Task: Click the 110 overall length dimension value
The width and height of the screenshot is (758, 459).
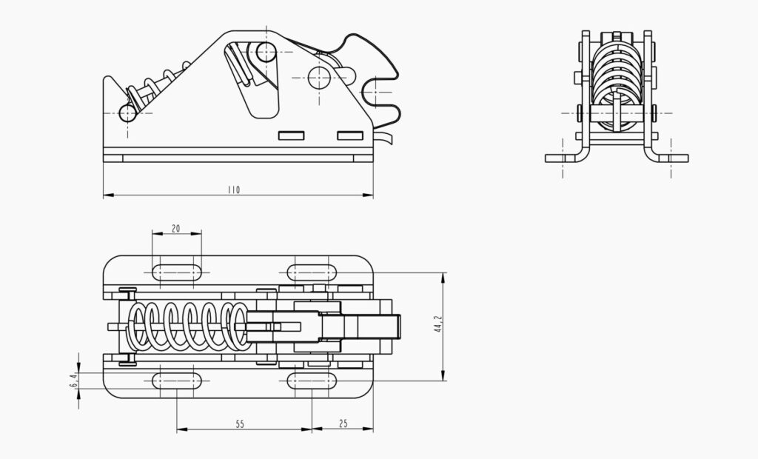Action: click(234, 190)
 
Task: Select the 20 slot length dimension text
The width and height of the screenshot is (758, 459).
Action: click(175, 229)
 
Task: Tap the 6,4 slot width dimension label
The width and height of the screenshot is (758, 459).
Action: click(73, 381)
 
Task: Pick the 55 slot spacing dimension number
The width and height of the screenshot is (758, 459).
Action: click(240, 424)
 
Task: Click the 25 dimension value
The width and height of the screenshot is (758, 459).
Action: click(343, 424)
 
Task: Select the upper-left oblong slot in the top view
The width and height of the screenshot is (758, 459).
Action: click(176, 272)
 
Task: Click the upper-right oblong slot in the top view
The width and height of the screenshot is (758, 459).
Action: click(312, 272)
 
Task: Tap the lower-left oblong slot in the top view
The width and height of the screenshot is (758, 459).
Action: click(176, 381)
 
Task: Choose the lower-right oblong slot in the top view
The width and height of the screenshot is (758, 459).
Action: click(312, 381)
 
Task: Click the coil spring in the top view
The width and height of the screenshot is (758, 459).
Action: click(189, 326)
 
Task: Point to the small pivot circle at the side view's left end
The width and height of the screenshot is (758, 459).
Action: click(128, 113)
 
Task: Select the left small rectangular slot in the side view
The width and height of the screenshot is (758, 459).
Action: click(292, 135)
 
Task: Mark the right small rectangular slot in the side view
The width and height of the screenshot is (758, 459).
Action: click(351, 135)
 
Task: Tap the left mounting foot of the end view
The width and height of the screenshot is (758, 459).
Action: click(563, 158)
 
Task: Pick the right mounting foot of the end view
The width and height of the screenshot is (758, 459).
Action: click(671, 158)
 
